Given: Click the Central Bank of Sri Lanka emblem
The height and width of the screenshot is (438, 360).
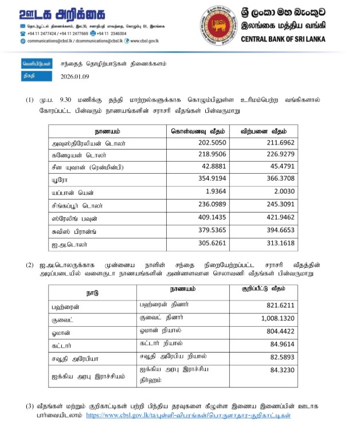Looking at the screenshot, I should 217,24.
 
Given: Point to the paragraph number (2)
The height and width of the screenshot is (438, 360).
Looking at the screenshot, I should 30,265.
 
